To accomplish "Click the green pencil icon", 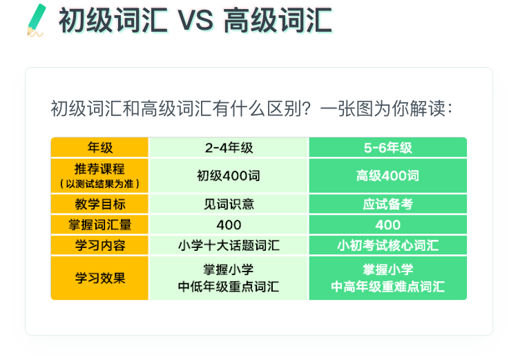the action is pos(36,20).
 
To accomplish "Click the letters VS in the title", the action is pos(195,21).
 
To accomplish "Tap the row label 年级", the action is pos(99,147).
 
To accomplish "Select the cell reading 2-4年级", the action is pos(229,147).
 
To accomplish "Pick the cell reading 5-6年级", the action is pos(388,147).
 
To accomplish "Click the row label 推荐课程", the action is pos(99,169).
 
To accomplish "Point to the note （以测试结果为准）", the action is pos(99,184).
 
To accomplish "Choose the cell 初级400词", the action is pos(229,176).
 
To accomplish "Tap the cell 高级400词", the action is pos(387,176).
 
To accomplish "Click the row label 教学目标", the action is pos(99,204).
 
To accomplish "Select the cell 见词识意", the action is pos(229,204).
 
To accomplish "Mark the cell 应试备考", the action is pos(388,204).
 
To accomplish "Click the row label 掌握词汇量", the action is pos(99,225).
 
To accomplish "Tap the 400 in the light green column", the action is pos(229,225).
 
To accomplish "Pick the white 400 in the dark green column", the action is pos(388,225).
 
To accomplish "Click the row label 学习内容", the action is pos(99,245).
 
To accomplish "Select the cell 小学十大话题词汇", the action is pos(229,245).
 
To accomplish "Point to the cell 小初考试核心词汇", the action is pos(388,245).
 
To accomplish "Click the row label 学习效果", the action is pos(99,278).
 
